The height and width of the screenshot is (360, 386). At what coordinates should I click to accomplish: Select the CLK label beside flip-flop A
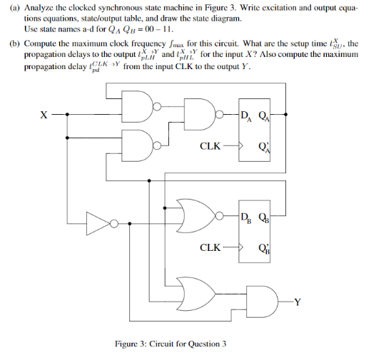(210, 147)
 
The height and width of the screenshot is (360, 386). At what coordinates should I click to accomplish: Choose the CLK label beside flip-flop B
(210, 248)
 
